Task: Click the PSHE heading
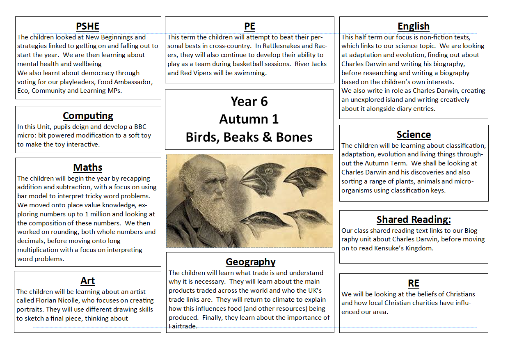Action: click(x=87, y=26)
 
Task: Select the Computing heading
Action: click(x=88, y=116)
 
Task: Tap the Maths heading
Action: click(x=88, y=167)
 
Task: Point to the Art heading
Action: click(x=88, y=281)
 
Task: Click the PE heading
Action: click(x=249, y=26)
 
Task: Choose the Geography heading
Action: click(x=251, y=262)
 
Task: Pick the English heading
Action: click(x=414, y=26)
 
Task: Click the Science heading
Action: click(x=414, y=135)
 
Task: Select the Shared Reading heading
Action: click(x=414, y=220)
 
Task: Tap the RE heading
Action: click(x=414, y=283)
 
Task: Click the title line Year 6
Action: click(x=249, y=101)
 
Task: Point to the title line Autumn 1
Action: click(x=249, y=119)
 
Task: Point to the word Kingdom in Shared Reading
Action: click(x=418, y=248)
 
